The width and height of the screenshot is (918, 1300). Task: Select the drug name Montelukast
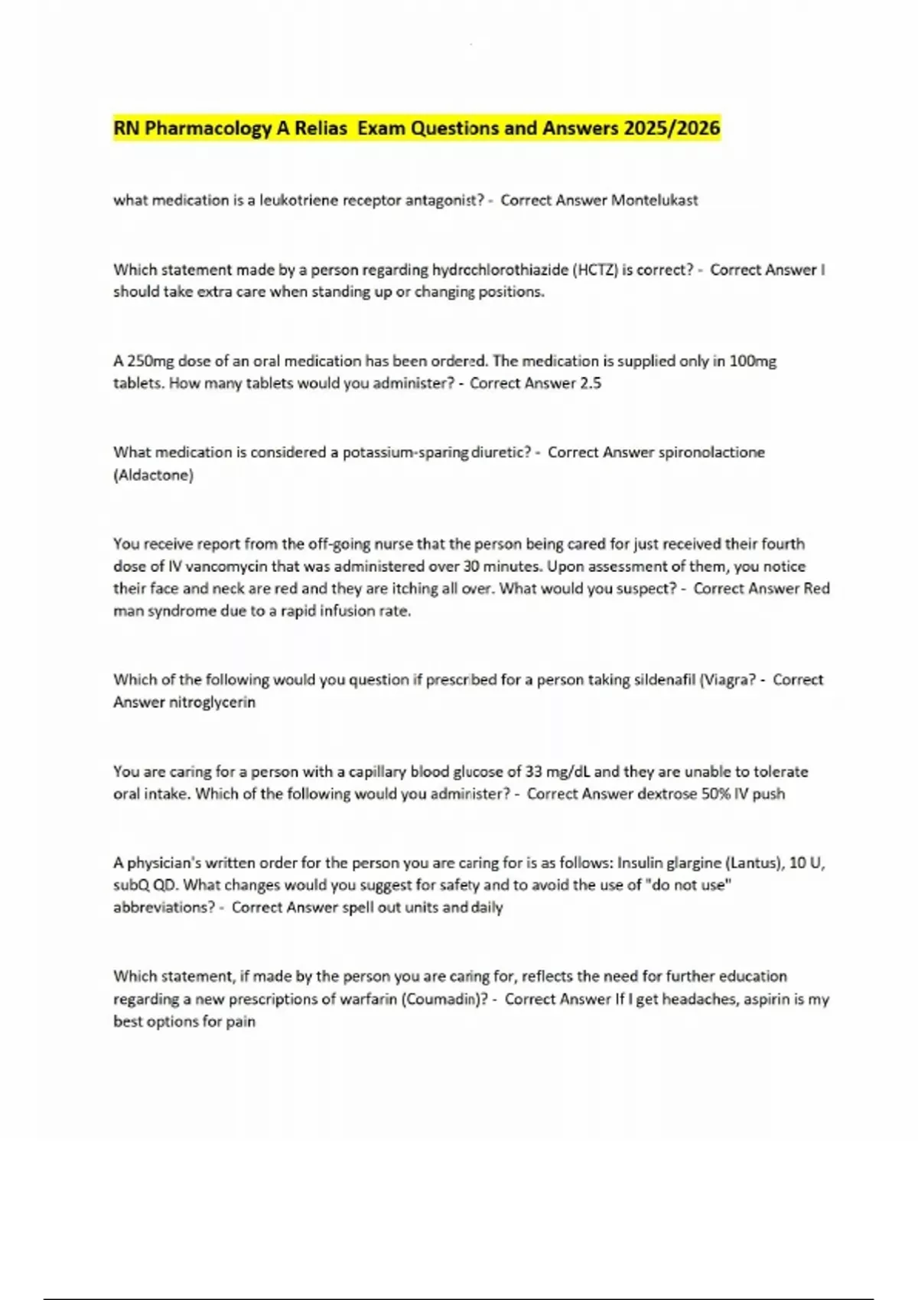[654, 200]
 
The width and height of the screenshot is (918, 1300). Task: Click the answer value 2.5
[591, 383]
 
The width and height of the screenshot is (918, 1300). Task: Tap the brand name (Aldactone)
[153, 475]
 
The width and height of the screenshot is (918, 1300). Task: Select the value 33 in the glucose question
[534, 772]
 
